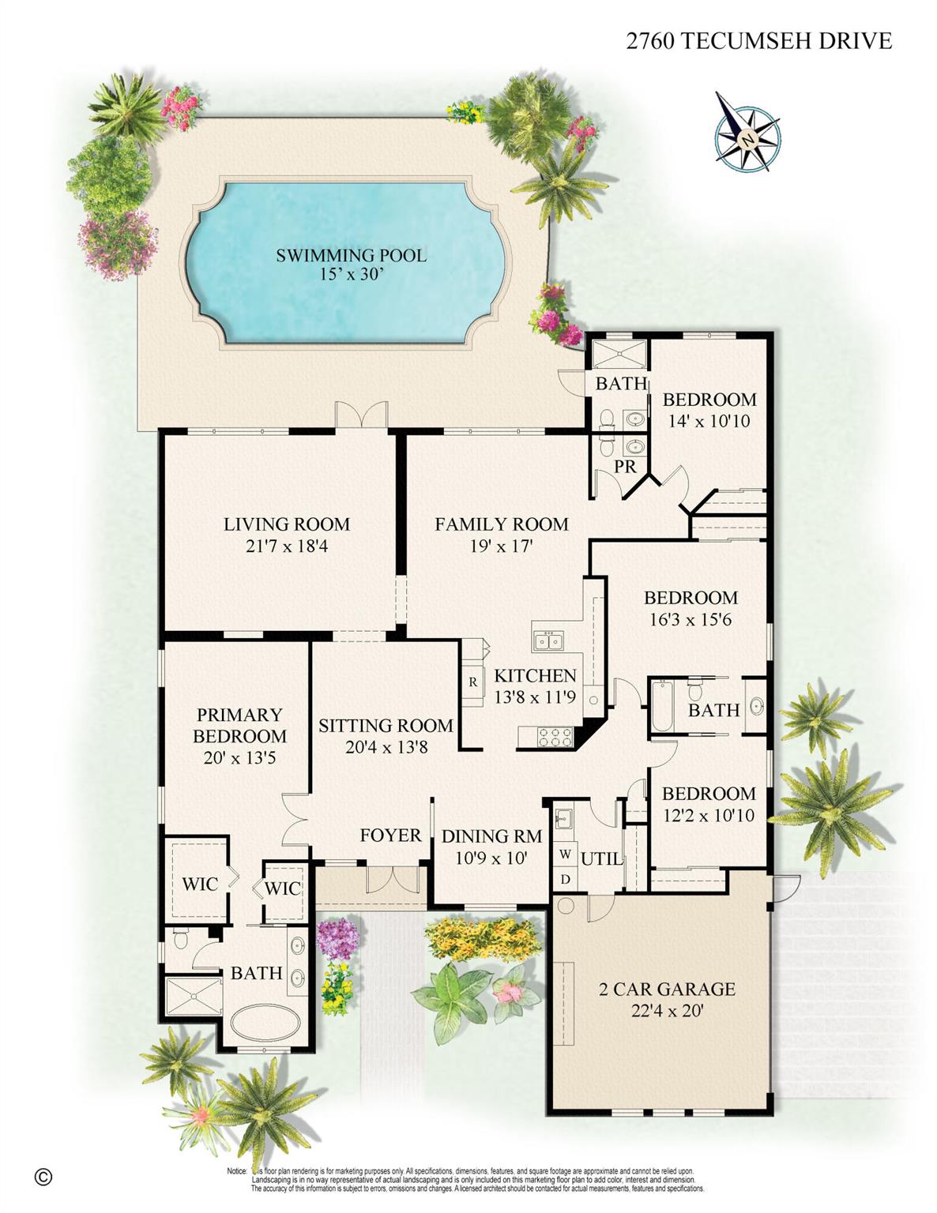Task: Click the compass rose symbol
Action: (x=747, y=132)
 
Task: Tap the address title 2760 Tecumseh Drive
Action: (x=758, y=41)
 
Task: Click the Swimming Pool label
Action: (x=351, y=256)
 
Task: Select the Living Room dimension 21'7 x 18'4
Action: (x=286, y=546)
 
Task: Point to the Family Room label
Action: (x=501, y=524)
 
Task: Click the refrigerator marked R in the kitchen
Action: (x=473, y=681)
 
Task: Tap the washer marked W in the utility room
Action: (x=565, y=854)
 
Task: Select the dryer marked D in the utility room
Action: (x=565, y=878)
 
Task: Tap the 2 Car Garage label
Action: (x=667, y=989)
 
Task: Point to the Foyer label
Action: (x=390, y=835)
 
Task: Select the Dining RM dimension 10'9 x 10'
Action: (x=491, y=858)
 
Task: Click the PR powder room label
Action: (x=625, y=468)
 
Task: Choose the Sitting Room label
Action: (x=386, y=725)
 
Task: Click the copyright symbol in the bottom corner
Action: (x=43, y=1176)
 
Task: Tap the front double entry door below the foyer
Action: (x=393, y=879)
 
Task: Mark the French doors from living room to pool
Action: (x=361, y=416)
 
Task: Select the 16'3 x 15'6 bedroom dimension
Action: (x=690, y=620)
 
